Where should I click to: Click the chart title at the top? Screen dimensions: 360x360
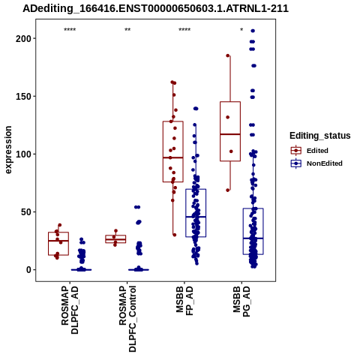[155, 9]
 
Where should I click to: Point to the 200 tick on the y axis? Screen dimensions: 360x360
[23, 38]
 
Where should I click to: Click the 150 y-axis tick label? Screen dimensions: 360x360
[23, 96]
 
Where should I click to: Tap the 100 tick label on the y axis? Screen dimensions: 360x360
[23, 154]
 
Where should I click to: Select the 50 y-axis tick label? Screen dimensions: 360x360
[25, 212]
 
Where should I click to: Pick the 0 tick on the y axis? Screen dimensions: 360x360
[28, 270]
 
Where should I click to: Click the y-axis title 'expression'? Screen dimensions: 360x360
[8, 150]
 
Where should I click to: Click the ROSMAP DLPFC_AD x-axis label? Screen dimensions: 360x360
[70, 310]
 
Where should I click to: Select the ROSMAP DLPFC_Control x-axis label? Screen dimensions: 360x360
[127, 319]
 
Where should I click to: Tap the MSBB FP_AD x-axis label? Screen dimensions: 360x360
[184, 301]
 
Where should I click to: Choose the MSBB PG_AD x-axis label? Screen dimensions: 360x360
[241, 301]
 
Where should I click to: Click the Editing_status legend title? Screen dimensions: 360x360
[320, 136]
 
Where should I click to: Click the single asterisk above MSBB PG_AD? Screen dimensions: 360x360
[241, 30]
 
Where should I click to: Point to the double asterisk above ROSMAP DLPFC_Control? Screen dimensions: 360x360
[127, 30]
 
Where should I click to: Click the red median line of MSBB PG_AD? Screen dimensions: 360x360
[230, 134]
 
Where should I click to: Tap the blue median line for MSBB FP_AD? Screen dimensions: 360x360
[196, 217]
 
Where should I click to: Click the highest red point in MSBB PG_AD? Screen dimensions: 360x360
[228, 55]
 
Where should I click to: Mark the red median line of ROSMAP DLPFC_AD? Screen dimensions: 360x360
[58, 241]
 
